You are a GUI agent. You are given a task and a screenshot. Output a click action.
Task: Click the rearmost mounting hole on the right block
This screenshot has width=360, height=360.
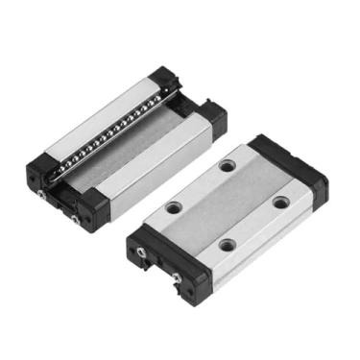coord(227,166)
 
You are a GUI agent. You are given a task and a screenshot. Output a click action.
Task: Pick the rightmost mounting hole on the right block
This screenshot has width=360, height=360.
coord(279,201)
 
